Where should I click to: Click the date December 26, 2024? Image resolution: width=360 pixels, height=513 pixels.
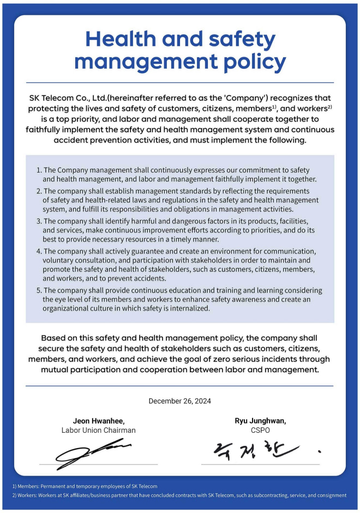(180, 401)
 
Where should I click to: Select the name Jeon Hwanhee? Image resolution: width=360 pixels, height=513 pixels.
(99, 421)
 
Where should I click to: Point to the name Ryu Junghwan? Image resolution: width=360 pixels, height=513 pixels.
(260, 421)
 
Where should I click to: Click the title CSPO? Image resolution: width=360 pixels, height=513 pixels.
(260, 430)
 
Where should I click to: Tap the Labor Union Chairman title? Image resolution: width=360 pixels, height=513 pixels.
(99, 430)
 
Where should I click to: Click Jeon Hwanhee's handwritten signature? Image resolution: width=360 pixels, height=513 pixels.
(93, 453)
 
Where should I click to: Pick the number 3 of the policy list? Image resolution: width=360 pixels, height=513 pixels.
(39, 221)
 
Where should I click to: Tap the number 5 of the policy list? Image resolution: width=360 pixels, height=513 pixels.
(39, 290)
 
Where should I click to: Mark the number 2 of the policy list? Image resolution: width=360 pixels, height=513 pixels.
(39, 191)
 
